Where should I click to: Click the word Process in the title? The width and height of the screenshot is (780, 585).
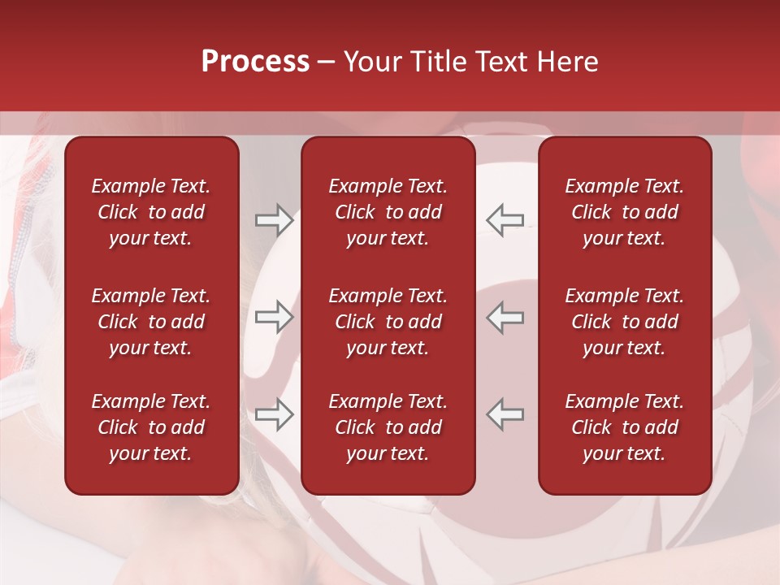[x=255, y=62]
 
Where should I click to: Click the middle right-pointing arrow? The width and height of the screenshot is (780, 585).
[x=274, y=317]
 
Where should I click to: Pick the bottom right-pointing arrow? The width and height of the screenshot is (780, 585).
[x=274, y=414]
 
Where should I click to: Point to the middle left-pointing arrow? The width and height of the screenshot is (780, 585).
[x=505, y=317]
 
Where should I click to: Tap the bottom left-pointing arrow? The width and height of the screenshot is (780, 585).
[x=505, y=414]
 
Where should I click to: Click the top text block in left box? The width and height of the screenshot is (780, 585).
[x=151, y=212]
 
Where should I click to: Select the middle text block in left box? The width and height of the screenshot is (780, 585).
[x=151, y=322]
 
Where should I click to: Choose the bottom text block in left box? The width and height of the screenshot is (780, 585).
[x=151, y=427]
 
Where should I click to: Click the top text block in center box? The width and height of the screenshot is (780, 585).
[x=388, y=212]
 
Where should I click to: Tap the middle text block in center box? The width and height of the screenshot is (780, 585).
[x=388, y=322]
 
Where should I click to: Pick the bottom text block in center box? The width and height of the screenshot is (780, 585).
[x=388, y=427]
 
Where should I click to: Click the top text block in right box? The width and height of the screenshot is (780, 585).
[x=625, y=212]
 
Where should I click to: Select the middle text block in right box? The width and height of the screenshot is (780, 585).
[x=625, y=322]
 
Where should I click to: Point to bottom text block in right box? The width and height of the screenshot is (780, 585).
[x=625, y=427]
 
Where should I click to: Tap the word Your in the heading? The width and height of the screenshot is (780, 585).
[x=370, y=62]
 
